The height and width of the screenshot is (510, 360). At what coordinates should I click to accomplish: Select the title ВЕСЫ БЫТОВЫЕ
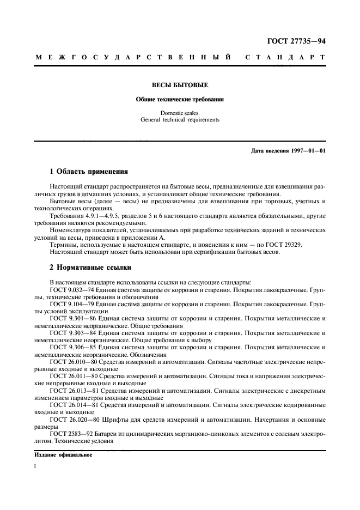180,86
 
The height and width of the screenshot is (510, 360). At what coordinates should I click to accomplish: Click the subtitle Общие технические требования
180,100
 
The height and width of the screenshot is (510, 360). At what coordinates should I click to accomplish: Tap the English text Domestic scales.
180,113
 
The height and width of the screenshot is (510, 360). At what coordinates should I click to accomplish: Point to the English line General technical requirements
180,120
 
